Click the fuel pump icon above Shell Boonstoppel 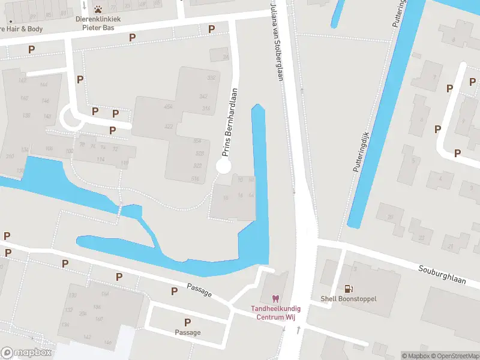(348, 289)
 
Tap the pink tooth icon (275, 298)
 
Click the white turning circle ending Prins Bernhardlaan (223, 166)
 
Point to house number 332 (211, 78)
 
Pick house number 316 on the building (206, 109)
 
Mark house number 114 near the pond (100, 159)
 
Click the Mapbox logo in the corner (27, 353)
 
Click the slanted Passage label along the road (199, 290)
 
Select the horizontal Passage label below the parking (187, 332)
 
